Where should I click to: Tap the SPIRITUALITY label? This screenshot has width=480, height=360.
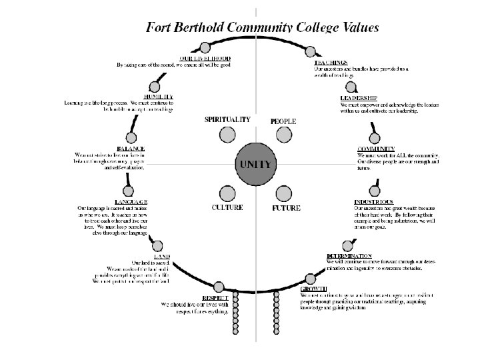[227, 119]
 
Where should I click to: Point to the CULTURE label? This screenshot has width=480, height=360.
[227, 208]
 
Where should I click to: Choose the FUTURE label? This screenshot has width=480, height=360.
[285, 209]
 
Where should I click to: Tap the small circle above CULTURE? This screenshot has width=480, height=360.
[227, 193]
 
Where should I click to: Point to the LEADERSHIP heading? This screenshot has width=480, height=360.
[359, 98]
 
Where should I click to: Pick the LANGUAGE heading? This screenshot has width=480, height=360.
[130, 201]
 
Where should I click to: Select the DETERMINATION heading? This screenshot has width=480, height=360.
[349, 255]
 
